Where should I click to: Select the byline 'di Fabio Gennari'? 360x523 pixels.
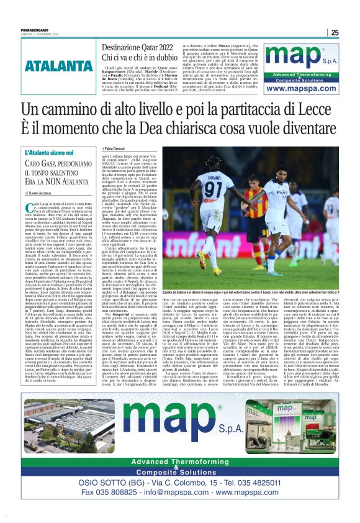pyautogui.click(x=118, y=149)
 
